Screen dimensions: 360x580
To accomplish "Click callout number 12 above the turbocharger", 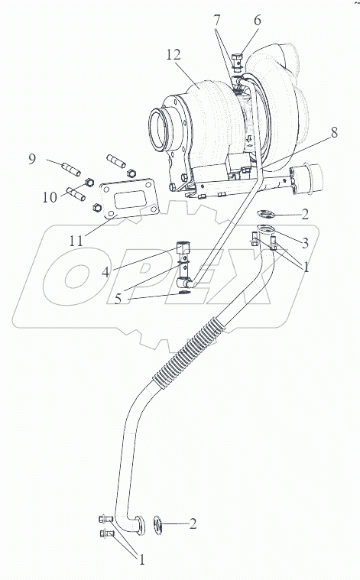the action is tap(174, 55).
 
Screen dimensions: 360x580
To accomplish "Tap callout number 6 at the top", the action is tap(257, 21).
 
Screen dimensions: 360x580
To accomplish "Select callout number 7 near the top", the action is tap(217, 21).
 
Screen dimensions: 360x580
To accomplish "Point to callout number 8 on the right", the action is tap(334, 132).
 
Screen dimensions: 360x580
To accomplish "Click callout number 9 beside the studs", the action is tap(32, 159).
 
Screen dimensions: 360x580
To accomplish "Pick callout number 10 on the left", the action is tap(50, 197).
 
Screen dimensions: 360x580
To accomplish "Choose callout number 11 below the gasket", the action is tap(76, 241).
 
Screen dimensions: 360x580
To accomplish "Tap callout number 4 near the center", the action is tap(105, 272).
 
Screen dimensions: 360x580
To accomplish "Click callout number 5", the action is tap(118, 299).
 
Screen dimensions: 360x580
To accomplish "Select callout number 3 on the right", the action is tap(305, 243).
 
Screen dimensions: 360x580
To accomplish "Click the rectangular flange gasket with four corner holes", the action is tap(129, 199).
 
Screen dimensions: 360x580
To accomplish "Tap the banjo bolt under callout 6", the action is tap(237, 63).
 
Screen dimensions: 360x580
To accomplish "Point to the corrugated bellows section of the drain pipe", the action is tap(189, 352).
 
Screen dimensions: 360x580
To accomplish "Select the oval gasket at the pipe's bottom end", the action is tap(158, 525).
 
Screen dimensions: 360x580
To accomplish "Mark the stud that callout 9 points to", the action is tap(70, 170).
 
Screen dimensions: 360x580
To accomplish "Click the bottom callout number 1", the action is tap(141, 560).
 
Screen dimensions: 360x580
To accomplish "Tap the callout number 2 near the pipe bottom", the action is tap(193, 523).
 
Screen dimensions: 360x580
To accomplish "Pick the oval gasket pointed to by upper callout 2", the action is tap(266, 213).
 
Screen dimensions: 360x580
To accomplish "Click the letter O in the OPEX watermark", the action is tap(76, 276).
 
